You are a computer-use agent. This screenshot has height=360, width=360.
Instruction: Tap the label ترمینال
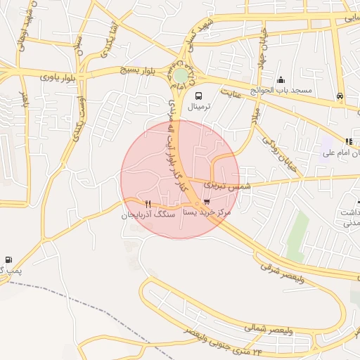pyautogui.click(x=198, y=108)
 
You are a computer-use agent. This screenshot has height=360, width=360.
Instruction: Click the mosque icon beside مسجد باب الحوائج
pyautogui.click(x=281, y=80)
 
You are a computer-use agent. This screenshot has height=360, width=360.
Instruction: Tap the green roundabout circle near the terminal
pyautogui.click(x=181, y=75)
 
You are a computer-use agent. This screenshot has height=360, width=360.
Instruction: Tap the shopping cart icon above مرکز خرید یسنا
pyautogui.click(x=206, y=202)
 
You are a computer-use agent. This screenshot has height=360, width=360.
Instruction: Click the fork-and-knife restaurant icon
pyautogui.click(x=148, y=204)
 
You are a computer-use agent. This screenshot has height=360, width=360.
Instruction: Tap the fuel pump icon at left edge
pyautogui.click(x=8, y=259)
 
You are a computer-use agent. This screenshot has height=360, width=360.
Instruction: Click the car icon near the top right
pyautogui.click(x=340, y=96)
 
